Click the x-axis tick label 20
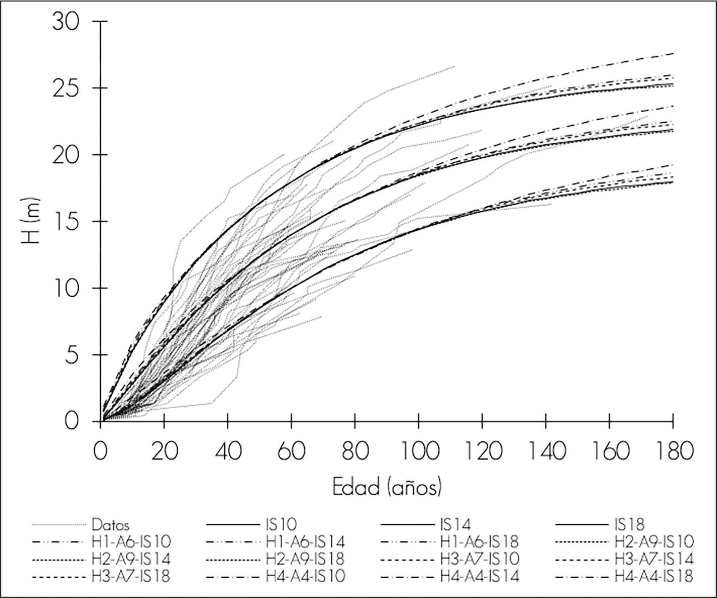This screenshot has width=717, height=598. [165, 451]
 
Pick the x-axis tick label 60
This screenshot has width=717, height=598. [292, 451]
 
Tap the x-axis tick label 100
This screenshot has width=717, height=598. [419, 451]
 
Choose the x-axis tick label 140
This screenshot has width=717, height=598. [546, 451]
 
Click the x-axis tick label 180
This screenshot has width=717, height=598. [673, 451]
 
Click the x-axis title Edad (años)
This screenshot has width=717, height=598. [387, 487]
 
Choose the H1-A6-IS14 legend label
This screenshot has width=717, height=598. [305, 542]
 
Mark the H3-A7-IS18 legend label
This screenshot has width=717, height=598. [131, 576]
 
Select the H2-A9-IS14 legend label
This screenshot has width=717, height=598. [131, 560]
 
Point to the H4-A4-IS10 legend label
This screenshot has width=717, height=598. [305, 576]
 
